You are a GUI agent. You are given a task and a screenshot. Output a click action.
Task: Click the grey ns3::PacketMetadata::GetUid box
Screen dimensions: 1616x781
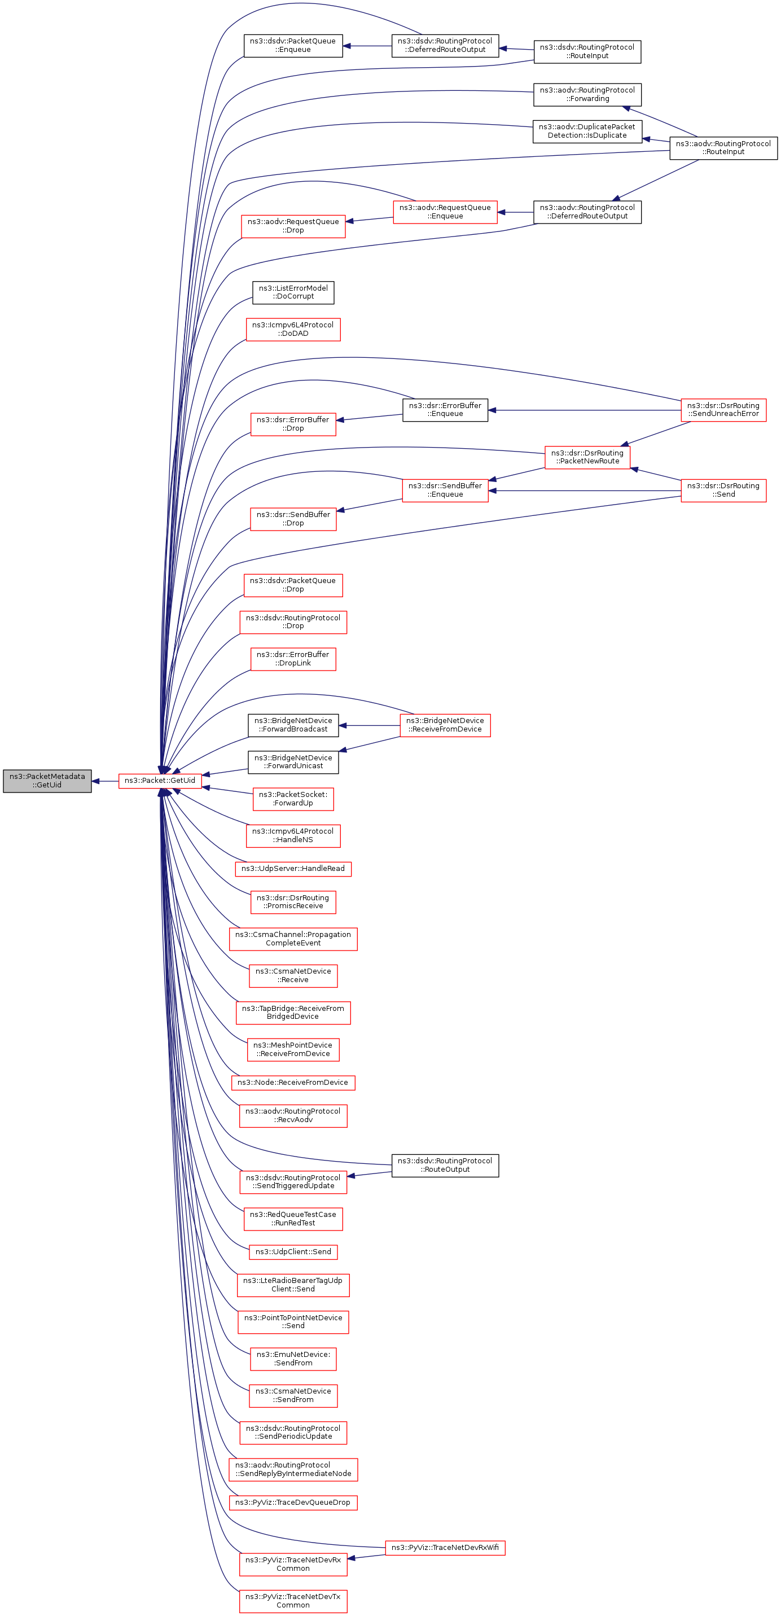pyautogui.click(x=47, y=781)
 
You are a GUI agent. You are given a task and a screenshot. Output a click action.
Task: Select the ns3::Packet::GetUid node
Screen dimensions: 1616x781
pyautogui.click(x=160, y=781)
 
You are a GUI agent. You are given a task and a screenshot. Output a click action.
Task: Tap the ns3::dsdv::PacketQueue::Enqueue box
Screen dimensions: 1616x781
pyautogui.click(x=293, y=46)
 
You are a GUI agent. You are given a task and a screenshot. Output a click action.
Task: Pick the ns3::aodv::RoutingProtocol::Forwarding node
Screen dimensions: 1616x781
pyautogui.click(x=587, y=95)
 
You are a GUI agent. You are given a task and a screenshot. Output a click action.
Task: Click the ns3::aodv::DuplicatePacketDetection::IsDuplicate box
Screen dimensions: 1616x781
pyautogui.click(x=587, y=131)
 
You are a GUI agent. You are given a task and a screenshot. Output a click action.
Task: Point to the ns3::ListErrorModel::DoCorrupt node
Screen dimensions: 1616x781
pyautogui.click(x=293, y=292)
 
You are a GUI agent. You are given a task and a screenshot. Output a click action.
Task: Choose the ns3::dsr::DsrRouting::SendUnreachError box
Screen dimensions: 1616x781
pyautogui.click(x=723, y=410)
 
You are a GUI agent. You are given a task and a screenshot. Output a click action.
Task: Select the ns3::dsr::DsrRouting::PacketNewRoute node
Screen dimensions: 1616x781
pyautogui.click(x=587, y=457)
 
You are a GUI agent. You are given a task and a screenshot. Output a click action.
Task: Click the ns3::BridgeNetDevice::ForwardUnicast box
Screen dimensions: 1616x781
pyautogui.click(x=293, y=762)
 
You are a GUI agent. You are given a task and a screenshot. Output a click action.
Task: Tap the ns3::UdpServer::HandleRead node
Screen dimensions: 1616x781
pyautogui.click(x=293, y=869)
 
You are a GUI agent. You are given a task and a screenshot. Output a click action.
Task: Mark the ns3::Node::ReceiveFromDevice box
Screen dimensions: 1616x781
pyautogui.click(x=293, y=1083)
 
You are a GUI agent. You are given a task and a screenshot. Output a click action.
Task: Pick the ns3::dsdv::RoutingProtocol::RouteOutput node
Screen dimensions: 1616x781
pyautogui.click(x=445, y=1166)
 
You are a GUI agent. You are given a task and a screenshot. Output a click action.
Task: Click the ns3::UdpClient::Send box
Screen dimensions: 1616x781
pyautogui.click(x=293, y=1252)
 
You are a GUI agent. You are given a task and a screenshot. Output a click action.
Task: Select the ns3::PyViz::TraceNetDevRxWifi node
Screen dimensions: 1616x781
pyautogui.click(x=445, y=1548)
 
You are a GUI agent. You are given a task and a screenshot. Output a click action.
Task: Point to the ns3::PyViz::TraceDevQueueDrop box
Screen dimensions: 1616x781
pyautogui.click(x=293, y=1503)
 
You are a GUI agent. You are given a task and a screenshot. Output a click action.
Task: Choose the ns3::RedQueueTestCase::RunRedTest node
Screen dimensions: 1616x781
pyautogui.click(x=293, y=1219)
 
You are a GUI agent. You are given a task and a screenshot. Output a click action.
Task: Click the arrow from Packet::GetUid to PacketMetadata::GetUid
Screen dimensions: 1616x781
pyautogui.click(x=105, y=781)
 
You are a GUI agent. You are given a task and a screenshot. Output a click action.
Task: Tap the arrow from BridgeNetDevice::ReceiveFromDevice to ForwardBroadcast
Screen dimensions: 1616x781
pyautogui.click(x=370, y=726)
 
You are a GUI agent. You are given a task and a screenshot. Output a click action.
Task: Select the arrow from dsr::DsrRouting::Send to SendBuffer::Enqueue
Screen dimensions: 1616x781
pyautogui.click(x=583, y=491)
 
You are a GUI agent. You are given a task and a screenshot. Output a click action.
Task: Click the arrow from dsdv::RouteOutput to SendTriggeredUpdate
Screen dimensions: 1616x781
pyautogui.click(x=370, y=1173)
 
